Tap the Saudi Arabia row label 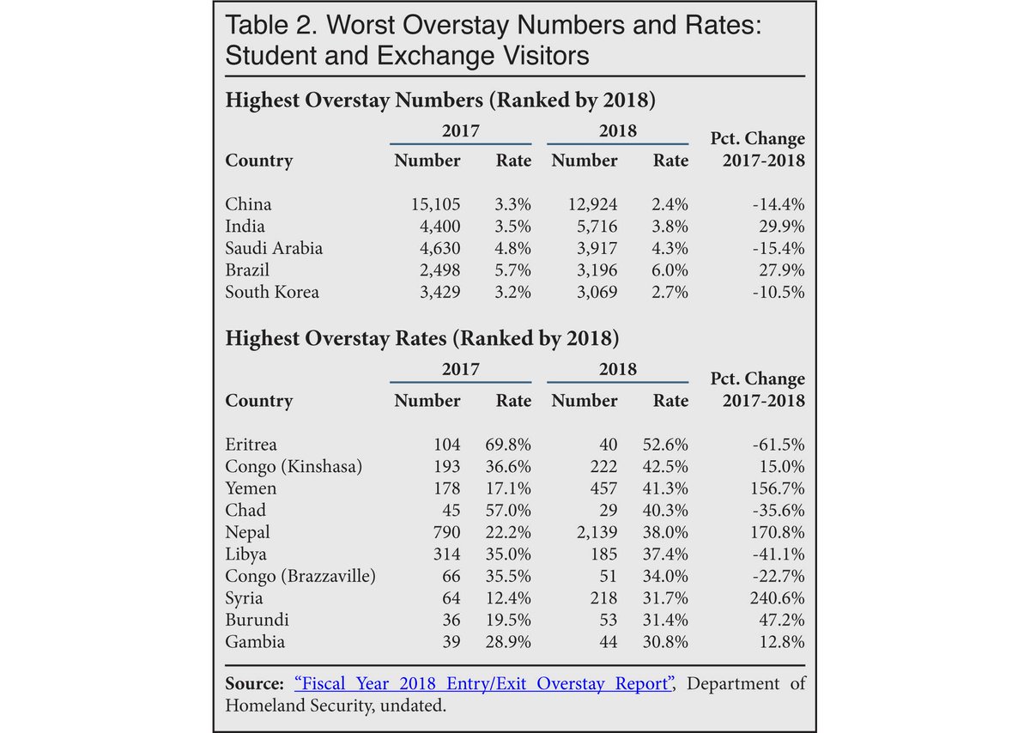point(275,249)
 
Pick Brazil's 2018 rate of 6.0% point(670,270)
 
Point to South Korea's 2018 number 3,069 point(591,293)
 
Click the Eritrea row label point(252,445)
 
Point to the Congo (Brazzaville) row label point(300,576)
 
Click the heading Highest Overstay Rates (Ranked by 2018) point(421,338)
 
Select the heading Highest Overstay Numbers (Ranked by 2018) point(440,100)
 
